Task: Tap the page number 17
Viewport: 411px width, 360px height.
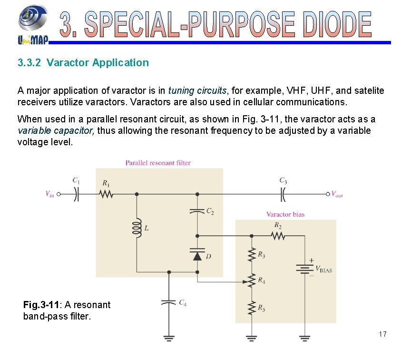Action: tap(383, 334)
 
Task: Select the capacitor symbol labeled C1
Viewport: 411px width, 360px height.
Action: tap(76, 194)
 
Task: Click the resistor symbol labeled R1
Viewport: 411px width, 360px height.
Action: tap(105, 194)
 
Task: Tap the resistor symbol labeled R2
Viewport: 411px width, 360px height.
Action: tap(278, 235)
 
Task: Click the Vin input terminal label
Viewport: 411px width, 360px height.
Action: tap(49, 194)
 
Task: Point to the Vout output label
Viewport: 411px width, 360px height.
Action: tap(337, 194)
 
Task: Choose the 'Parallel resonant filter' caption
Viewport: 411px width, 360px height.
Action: tap(158, 163)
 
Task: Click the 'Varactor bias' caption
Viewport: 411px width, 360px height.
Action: tap(285, 214)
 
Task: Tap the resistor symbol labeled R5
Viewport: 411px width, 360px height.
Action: tap(252, 309)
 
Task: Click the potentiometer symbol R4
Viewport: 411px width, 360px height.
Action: tap(252, 281)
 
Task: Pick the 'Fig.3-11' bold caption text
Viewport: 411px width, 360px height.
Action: tap(41, 305)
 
